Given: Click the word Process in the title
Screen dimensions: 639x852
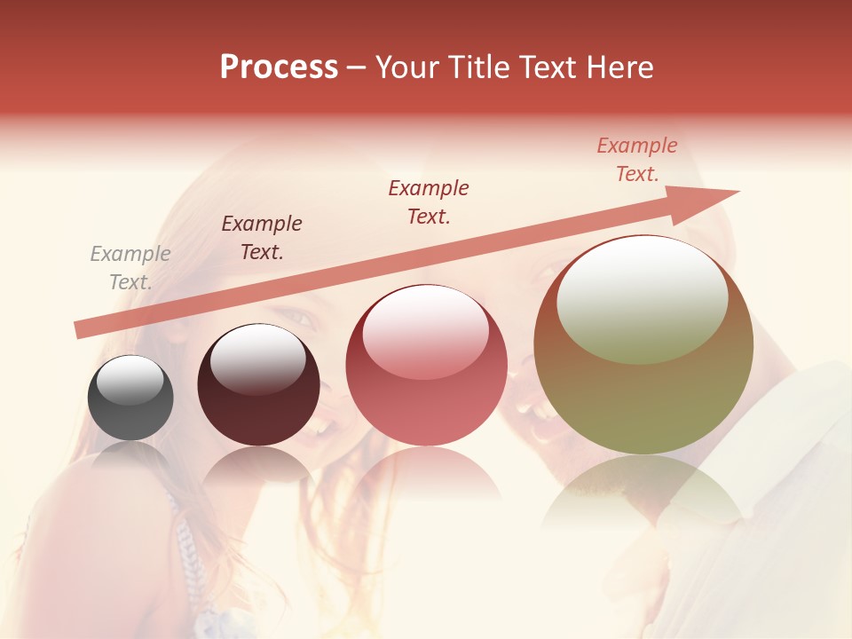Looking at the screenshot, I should pos(279,67).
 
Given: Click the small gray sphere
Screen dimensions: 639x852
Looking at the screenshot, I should pos(130,398).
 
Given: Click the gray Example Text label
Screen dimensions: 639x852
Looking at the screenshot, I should pos(130,268).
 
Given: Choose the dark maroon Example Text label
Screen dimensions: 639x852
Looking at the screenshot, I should pos(262,238).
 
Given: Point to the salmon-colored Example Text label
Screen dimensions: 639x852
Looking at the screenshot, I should pos(637,160).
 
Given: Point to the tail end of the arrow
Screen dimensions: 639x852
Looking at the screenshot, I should pos(80,330).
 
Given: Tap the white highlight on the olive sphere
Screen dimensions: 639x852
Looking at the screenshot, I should pos(642,297).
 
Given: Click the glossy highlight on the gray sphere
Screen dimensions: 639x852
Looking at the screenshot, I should pos(130,380).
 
